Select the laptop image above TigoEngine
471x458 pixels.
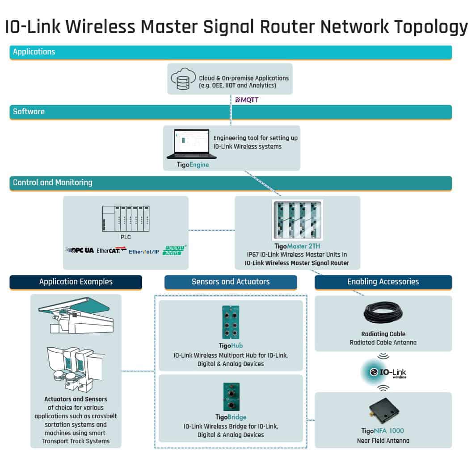[192, 144]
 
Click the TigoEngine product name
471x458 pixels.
[193, 165]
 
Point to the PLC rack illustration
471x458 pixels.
[126, 219]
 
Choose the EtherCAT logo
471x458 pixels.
[112, 250]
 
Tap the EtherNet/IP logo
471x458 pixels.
[144, 251]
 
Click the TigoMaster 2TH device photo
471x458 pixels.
[297, 219]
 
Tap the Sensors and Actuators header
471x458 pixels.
[231, 282]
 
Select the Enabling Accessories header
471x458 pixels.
[383, 282]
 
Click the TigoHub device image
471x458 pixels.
[231, 322]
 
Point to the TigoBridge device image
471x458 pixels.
[231, 397]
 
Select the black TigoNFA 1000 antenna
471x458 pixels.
[383, 412]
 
